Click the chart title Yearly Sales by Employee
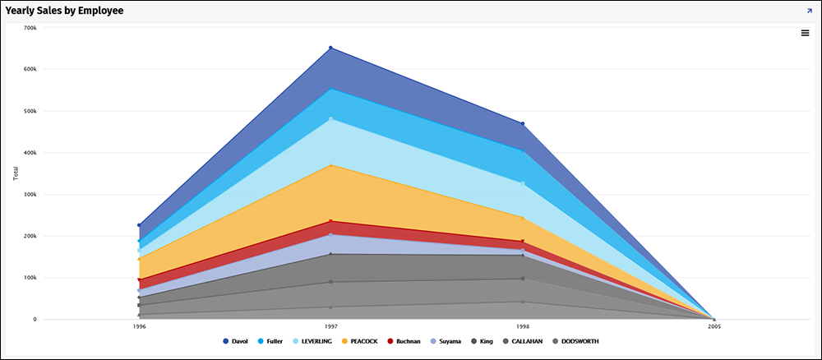pyautogui.click(x=65, y=11)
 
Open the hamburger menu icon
pyautogui.click(x=806, y=33)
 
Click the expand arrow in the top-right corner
pyautogui.click(x=810, y=11)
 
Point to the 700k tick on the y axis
pyautogui.click(x=30, y=28)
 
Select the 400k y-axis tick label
pyautogui.click(x=30, y=153)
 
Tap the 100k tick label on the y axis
pyautogui.click(x=30, y=278)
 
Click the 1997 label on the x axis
pyautogui.click(x=330, y=326)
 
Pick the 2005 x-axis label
pyautogui.click(x=714, y=326)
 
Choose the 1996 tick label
pyautogui.click(x=139, y=326)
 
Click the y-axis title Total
pyautogui.click(x=15, y=173)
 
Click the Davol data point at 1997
pyautogui.click(x=330, y=48)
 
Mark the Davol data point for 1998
pyautogui.click(x=523, y=123)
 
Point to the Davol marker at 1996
pyautogui.click(x=139, y=224)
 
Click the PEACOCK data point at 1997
pyautogui.click(x=330, y=165)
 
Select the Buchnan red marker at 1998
pyautogui.click(x=523, y=242)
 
